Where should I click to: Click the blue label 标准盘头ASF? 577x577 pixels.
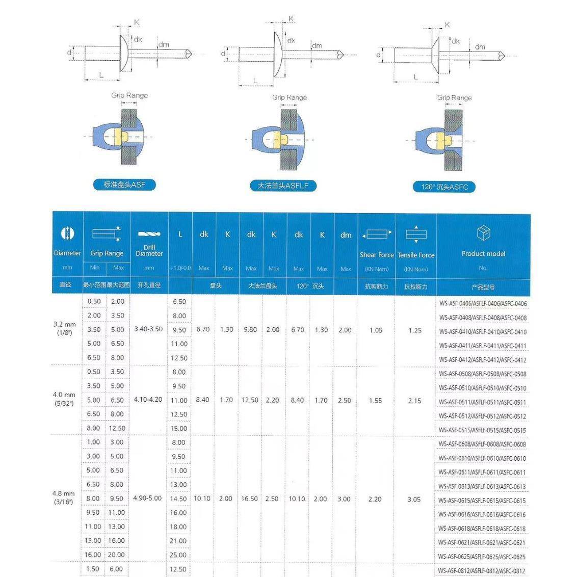[124, 185]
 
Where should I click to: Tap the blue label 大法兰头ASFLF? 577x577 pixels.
[283, 186]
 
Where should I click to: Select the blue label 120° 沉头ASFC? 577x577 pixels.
[444, 187]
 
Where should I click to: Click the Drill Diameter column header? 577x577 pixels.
[149, 250]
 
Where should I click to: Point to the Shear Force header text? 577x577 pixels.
[377, 255]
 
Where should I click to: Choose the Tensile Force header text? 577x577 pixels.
[416, 255]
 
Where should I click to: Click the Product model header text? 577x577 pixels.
[483, 253]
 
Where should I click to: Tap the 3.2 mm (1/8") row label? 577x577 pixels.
[65, 328]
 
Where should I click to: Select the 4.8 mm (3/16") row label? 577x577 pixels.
[64, 497]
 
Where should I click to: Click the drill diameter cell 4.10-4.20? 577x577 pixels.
[148, 400]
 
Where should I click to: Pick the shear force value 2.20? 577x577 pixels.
[375, 499]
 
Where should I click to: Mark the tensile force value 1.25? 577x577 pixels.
[415, 330]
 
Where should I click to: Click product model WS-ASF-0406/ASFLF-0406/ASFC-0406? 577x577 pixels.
[483, 304]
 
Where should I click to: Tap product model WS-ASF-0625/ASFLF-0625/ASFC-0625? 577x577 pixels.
[482, 557]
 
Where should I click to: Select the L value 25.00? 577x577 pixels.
[178, 555]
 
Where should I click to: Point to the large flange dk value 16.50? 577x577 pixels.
[249, 499]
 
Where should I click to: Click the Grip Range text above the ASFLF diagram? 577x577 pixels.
[289, 97]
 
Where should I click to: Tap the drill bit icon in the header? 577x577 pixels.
[149, 234]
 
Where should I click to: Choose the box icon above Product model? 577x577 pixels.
[483, 233]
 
